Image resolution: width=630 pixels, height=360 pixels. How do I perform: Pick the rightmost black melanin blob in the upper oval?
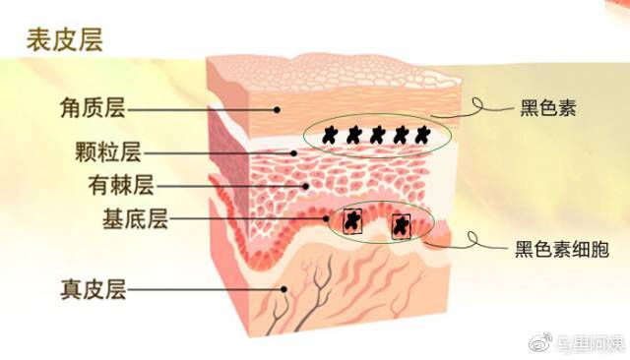tap(422, 135)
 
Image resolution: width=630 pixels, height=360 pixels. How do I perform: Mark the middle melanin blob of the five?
tap(377, 135)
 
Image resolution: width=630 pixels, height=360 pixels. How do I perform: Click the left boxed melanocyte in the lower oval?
tap(350, 221)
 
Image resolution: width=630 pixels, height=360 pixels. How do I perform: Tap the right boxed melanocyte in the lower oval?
tap(401, 226)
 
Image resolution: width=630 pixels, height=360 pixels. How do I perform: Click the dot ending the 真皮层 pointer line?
tap(284, 289)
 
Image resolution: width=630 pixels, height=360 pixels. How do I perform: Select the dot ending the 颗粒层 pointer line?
tap(293, 152)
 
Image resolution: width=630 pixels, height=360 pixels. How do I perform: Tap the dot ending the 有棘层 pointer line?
tap(306, 185)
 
